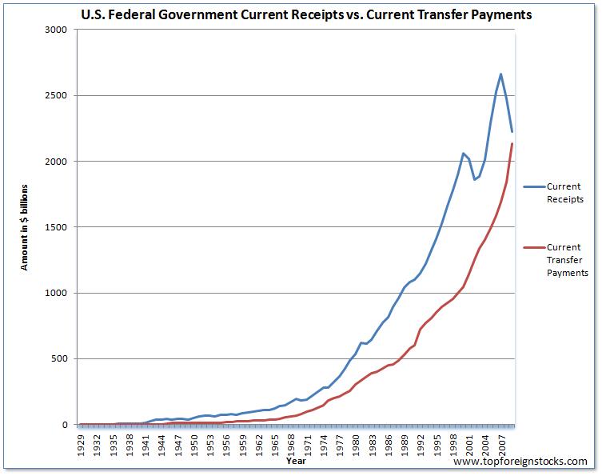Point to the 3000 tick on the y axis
[57, 30]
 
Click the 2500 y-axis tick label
[57, 95]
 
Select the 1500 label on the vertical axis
[57, 227]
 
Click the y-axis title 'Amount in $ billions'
[25, 227]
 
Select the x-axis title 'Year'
[296, 461]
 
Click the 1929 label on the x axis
[81, 442]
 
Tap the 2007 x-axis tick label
[500, 442]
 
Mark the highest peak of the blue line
[500, 74]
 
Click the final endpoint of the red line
[512, 143]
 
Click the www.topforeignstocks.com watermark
[520, 462]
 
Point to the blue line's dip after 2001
[474, 179]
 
